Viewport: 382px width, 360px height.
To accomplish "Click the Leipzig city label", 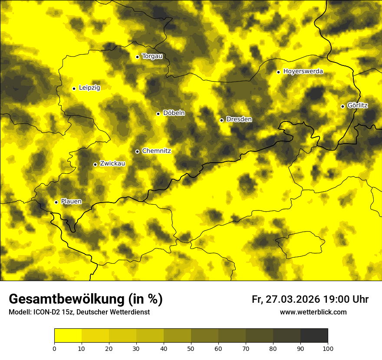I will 89,88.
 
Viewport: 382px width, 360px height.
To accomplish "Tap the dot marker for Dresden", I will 221,120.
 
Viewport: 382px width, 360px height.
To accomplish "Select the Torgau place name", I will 152,56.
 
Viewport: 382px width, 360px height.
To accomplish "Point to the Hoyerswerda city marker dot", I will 278,72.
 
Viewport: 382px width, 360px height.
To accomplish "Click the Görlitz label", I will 358,106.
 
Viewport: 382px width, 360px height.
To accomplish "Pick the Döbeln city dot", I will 158,114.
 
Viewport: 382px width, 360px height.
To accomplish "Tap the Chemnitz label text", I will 156,151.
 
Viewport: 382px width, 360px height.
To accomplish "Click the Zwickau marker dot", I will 95,164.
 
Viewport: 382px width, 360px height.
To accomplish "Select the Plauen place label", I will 71,202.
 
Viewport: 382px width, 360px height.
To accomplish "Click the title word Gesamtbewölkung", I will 66,299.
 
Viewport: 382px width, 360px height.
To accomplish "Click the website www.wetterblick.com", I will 313,312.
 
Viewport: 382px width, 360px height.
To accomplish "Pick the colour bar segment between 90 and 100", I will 314,335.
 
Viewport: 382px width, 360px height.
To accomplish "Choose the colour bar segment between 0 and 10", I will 68,335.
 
